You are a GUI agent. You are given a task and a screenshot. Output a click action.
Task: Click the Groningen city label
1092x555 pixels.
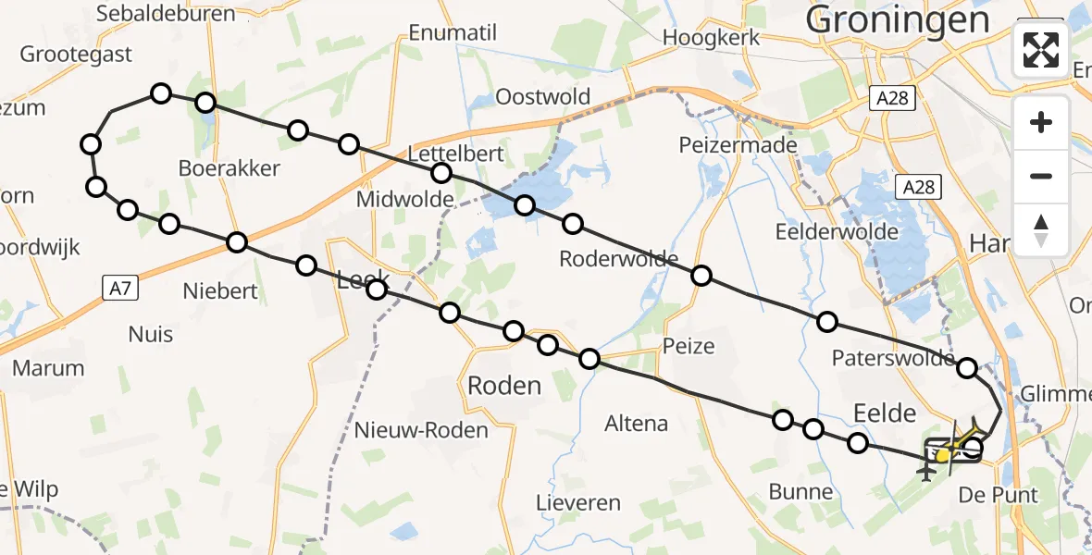[x=897, y=18]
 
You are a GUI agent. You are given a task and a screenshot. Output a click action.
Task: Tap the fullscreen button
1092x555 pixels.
[x=1041, y=49]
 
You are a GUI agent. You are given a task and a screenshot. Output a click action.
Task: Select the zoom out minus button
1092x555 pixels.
[x=1041, y=176]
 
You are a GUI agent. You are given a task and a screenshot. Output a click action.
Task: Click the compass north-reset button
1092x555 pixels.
[x=1041, y=229]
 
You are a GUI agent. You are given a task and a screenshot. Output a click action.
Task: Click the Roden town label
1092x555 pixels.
[x=504, y=385]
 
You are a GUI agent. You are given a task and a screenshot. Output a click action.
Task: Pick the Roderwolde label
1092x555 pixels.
[x=618, y=259]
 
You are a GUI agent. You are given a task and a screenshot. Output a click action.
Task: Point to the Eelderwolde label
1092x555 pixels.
[x=838, y=231]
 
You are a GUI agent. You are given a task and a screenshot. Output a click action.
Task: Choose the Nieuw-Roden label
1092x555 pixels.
[x=421, y=430]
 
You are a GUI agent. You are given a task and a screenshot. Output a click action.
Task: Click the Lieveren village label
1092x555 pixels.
[x=577, y=503]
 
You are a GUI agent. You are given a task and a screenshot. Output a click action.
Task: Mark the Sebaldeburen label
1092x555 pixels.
[x=153, y=14]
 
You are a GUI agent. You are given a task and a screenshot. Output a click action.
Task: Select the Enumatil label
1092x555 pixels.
[x=453, y=33]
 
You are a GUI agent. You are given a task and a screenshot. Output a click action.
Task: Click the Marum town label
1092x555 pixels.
[x=48, y=368]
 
